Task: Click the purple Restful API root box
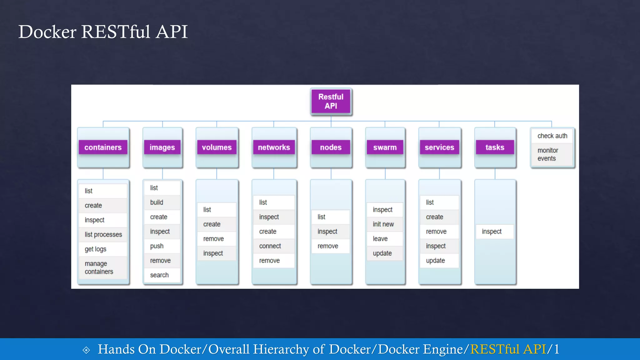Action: point(331,102)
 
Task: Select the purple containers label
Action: point(103,147)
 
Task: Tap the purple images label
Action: point(162,147)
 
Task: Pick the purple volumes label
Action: point(217,147)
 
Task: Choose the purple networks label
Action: point(274,147)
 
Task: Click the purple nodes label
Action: point(331,147)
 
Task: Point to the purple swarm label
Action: point(385,147)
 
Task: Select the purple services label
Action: point(439,147)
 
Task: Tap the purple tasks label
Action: point(495,147)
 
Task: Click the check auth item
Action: point(552,136)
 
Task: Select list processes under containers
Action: point(103,234)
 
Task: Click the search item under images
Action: point(159,275)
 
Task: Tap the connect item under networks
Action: point(270,246)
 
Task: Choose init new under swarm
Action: point(383,224)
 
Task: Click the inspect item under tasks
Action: point(492,232)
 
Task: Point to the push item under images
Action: point(157,246)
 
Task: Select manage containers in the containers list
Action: point(99,268)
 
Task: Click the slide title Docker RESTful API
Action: point(103,32)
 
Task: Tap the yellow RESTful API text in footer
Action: point(508,349)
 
